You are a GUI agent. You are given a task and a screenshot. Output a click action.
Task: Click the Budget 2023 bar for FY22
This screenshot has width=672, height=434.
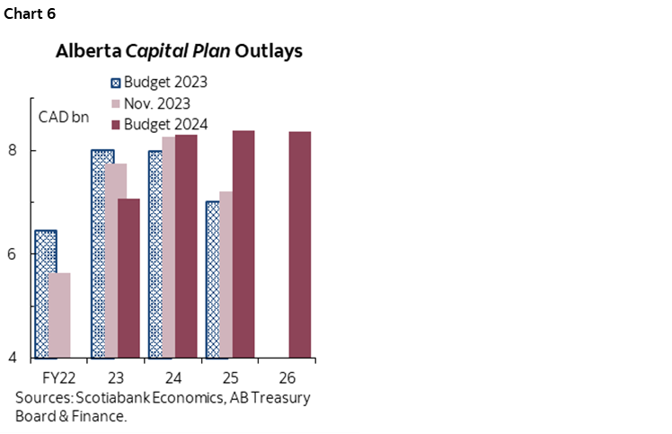click(x=45, y=294)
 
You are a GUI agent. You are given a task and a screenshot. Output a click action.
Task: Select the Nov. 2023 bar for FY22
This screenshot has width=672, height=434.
click(x=59, y=314)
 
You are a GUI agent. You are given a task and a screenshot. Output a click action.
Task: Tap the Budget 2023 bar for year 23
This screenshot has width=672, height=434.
click(x=103, y=253)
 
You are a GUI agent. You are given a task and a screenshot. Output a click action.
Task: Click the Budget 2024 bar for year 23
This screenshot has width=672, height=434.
click(x=128, y=278)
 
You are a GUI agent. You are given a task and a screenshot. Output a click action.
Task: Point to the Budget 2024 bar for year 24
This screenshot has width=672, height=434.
click(x=186, y=246)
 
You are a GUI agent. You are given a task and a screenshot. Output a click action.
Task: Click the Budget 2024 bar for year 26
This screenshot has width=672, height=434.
click(x=301, y=244)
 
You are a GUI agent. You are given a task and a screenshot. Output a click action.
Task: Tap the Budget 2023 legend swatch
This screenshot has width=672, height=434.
click(x=114, y=82)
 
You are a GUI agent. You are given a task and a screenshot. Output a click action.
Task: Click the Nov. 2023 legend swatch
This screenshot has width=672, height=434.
click(x=114, y=103)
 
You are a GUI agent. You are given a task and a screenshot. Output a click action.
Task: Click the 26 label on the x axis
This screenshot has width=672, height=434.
click(x=288, y=376)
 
